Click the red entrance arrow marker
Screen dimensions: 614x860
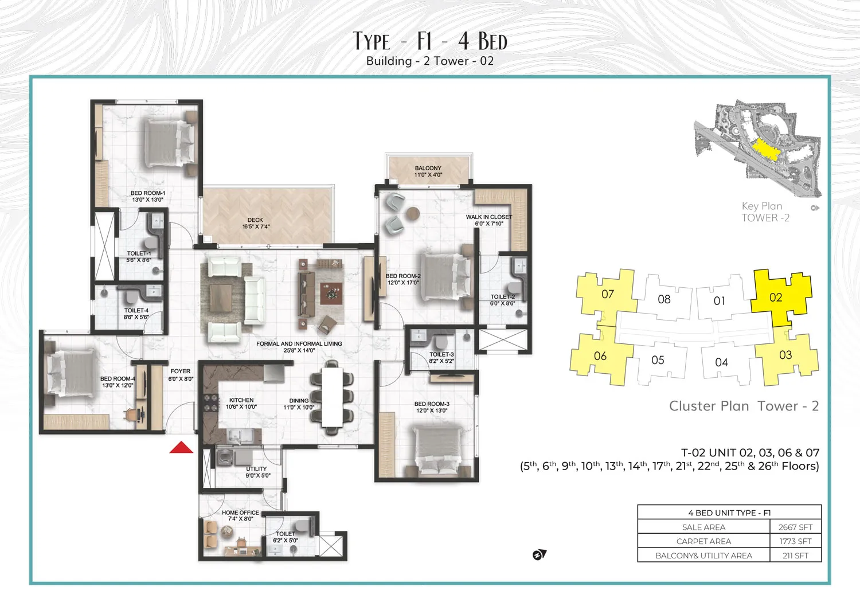pos(181,448)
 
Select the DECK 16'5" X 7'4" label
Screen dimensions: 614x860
pos(256,223)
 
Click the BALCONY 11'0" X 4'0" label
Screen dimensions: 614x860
pos(428,171)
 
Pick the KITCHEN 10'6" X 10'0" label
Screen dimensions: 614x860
pos(241,404)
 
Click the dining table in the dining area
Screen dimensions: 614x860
pos(332,397)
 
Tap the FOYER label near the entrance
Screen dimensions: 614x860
pos(181,375)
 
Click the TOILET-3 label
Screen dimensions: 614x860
pos(441,358)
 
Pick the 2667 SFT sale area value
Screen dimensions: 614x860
pos(795,527)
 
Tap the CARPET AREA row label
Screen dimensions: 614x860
pos(703,541)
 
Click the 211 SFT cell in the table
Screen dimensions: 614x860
pos(795,556)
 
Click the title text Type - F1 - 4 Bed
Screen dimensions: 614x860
pos(430,41)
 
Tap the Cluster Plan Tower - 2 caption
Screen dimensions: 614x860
pos(744,406)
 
